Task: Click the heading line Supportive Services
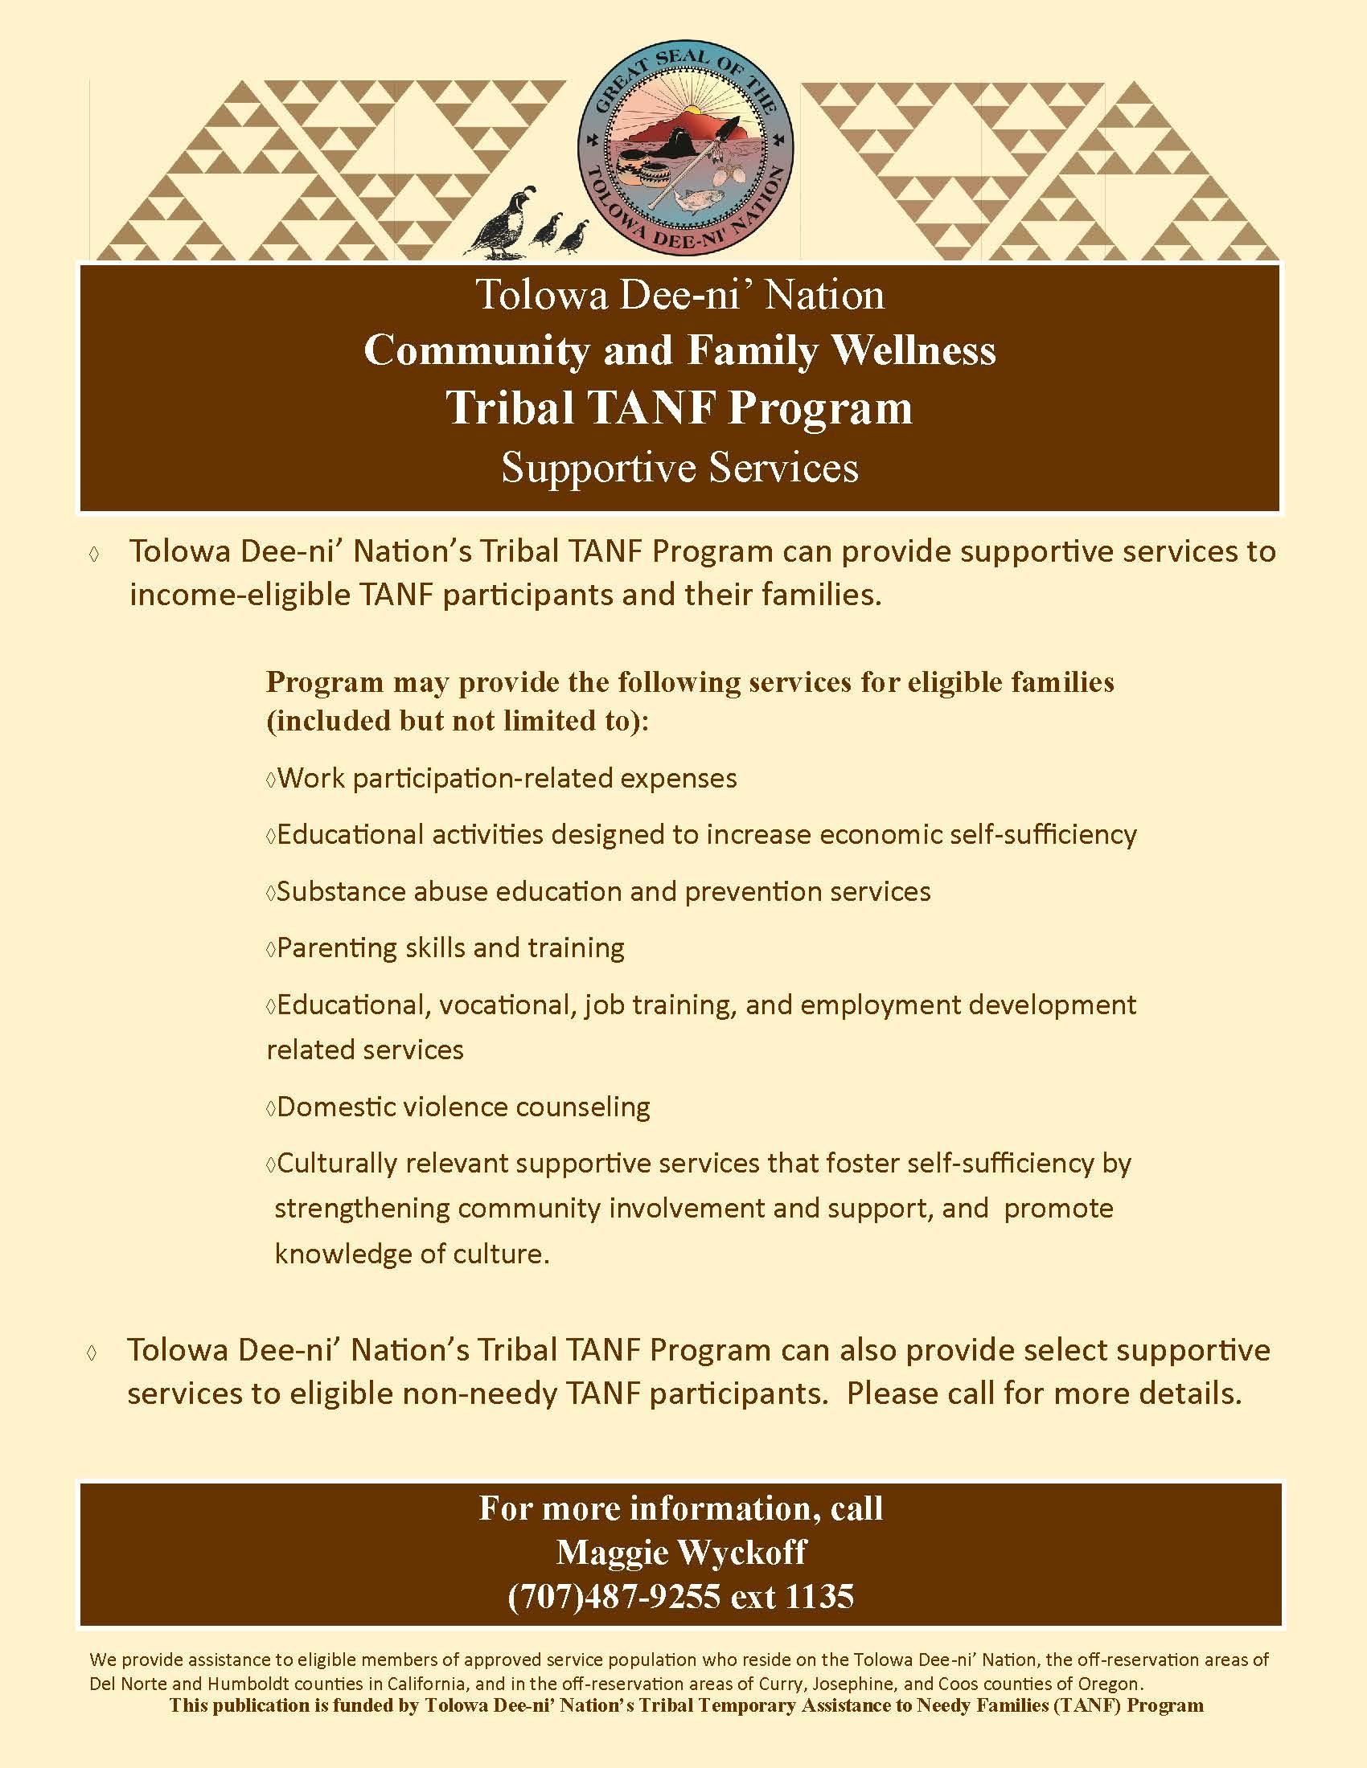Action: [679, 468]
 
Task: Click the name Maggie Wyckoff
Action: [681, 1552]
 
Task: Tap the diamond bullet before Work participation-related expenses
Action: [270, 779]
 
